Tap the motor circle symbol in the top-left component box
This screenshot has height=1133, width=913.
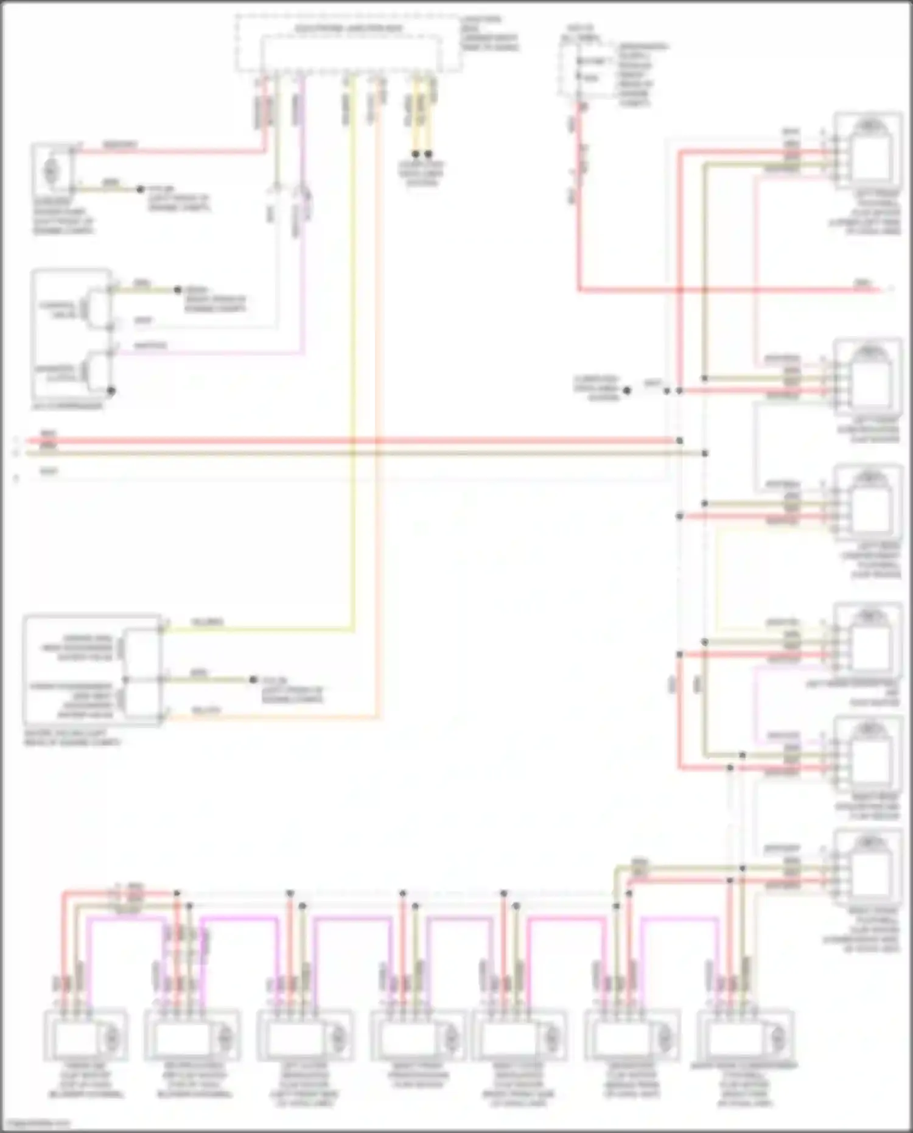point(50,171)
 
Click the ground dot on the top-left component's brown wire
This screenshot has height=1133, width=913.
point(140,189)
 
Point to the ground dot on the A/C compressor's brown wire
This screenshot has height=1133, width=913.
point(178,290)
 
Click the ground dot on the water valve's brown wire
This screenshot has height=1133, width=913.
point(253,679)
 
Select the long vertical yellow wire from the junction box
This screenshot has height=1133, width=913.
point(352,365)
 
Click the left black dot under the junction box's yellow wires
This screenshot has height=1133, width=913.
point(416,154)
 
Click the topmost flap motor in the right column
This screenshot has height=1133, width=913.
point(869,149)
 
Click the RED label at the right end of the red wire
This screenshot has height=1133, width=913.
point(862,283)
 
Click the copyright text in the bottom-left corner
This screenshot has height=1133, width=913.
point(37,1123)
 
